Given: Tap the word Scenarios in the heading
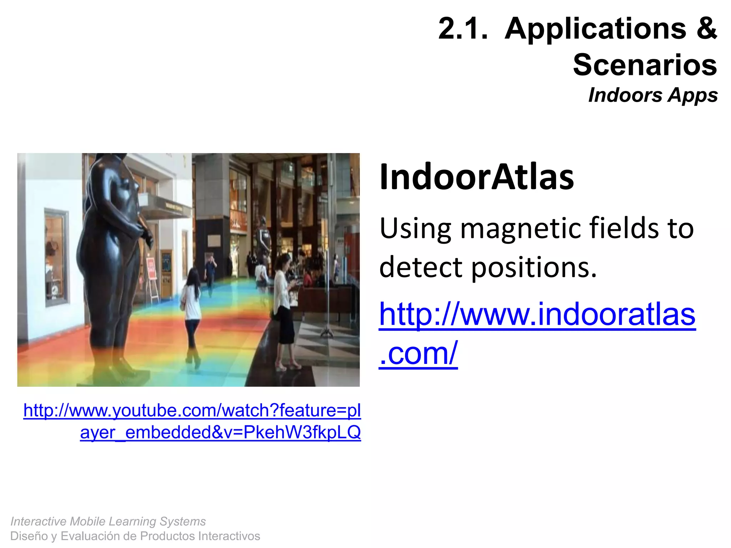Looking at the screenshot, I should [x=645, y=65].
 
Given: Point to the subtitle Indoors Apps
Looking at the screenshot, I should [x=653, y=96].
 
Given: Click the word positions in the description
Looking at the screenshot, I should [x=534, y=268].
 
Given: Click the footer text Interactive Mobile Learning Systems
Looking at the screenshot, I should [x=108, y=521].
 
